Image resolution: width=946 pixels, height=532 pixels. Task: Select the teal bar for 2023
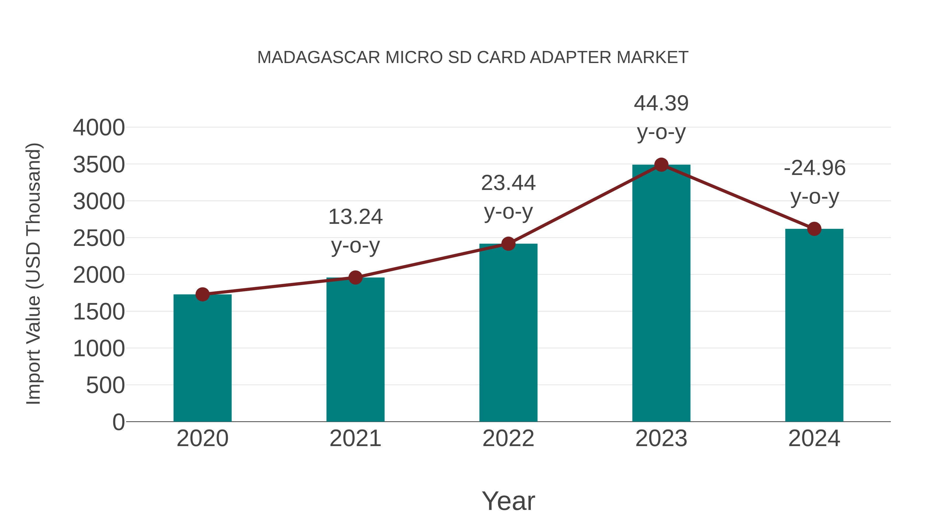661,294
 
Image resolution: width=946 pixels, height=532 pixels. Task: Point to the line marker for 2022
508,244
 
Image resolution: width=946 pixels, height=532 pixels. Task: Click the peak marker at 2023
661,165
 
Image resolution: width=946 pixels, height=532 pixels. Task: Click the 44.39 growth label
661,104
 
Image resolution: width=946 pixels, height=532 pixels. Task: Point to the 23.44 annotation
508,183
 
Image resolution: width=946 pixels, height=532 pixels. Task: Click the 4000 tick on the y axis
99,128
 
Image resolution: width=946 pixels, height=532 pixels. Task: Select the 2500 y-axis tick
99,238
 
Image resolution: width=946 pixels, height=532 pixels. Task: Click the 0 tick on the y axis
118,422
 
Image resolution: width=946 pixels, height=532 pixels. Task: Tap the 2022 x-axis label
508,438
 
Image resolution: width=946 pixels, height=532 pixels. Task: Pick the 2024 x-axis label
814,438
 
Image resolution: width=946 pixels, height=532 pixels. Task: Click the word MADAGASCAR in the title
318,58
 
